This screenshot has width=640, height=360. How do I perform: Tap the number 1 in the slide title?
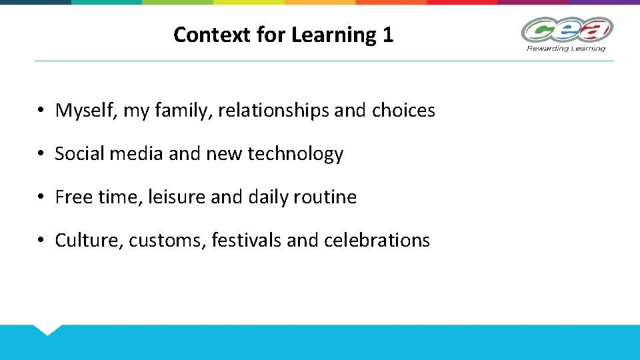pos(388,35)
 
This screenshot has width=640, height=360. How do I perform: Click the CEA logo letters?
pos(566,31)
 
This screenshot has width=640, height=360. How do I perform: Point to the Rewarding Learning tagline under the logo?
pos(566,48)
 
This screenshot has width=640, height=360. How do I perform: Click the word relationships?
pos(273,111)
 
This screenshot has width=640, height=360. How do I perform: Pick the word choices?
pos(403,111)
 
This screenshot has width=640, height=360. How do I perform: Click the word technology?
pos(295,154)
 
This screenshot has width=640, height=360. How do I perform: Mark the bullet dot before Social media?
pos(41,155)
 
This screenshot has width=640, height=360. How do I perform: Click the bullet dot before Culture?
pos(41,241)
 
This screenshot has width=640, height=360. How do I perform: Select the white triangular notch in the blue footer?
pos(47,329)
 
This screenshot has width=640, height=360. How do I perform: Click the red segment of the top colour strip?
pos(462,2)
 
